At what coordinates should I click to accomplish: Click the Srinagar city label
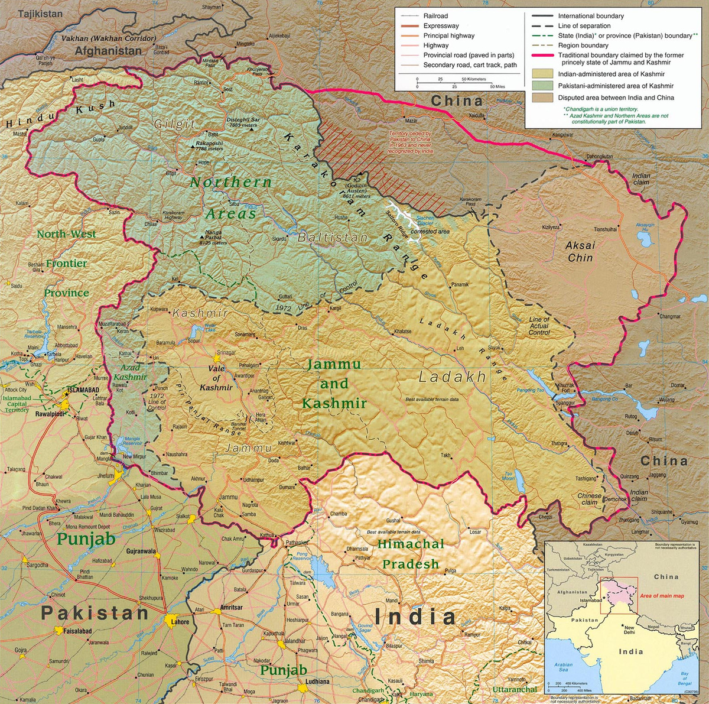(x=226, y=353)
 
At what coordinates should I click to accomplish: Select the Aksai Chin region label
(x=580, y=251)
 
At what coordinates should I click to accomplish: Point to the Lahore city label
(x=180, y=621)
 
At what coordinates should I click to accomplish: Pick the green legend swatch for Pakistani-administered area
(x=542, y=86)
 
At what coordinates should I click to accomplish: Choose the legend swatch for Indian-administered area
(x=542, y=74)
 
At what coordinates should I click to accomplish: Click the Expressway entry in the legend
(x=441, y=26)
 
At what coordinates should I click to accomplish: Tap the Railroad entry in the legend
(x=435, y=16)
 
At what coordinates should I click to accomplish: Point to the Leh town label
(x=460, y=349)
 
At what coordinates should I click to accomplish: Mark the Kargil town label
(x=336, y=308)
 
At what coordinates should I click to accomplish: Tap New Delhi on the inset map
(x=629, y=630)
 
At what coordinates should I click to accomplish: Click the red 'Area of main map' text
(x=662, y=596)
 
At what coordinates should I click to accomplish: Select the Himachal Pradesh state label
(x=411, y=554)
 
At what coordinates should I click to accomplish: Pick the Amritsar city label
(x=231, y=607)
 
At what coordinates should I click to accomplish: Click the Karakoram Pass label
(x=470, y=202)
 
